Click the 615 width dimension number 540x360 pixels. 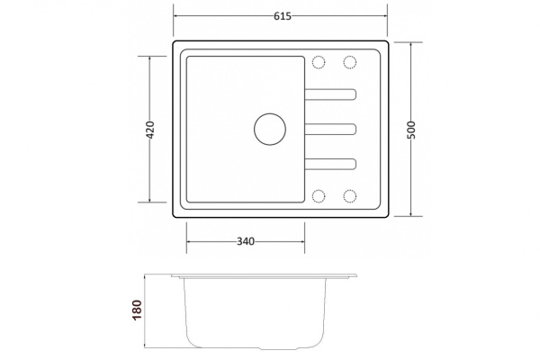pos(283,16)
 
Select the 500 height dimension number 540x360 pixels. pos(411,130)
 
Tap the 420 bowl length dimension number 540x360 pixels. pos(150,130)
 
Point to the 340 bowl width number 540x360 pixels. pos(246,241)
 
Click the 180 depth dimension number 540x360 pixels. pos(137,310)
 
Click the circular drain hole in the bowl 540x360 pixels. pos(270,130)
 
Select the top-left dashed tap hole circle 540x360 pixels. pos(319,62)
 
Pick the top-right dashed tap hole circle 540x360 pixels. pos(350,62)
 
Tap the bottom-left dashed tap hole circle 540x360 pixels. pos(319,196)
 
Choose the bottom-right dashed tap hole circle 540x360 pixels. pos(350,196)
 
